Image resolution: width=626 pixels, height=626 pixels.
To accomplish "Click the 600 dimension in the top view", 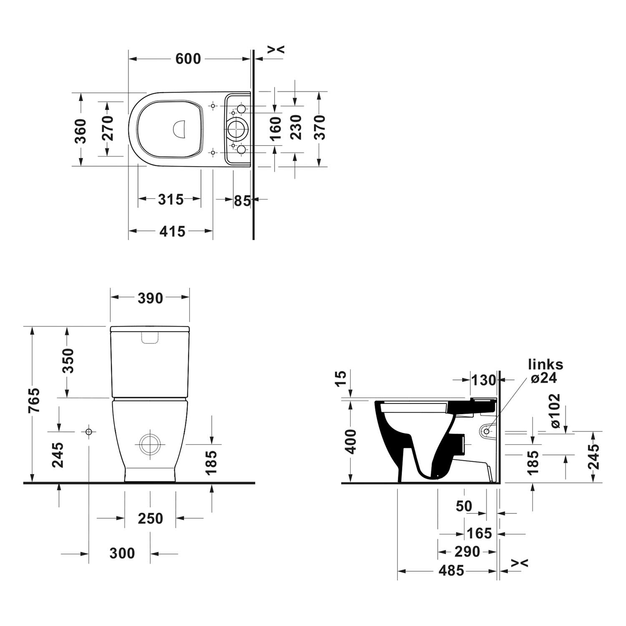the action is [188, 59].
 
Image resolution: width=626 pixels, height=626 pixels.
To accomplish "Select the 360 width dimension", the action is [81, 131].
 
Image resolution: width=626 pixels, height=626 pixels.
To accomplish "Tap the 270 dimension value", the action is [108, 128].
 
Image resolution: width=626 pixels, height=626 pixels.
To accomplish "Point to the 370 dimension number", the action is [320, 127].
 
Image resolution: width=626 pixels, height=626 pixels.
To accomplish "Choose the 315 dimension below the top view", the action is [171, 199].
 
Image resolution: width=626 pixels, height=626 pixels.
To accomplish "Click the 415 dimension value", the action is [172, 231].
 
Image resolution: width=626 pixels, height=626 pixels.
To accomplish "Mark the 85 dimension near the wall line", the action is [242, 201].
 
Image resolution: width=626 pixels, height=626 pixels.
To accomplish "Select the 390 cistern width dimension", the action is [150, 298].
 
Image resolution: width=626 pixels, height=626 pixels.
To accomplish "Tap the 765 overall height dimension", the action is [34, 401].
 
